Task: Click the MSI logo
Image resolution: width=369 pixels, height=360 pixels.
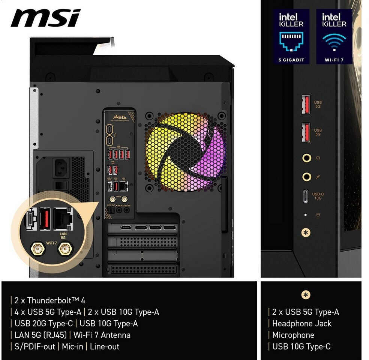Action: [x=45, y=18]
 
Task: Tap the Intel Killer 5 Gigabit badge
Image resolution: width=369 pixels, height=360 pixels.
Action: [x=291, y=36]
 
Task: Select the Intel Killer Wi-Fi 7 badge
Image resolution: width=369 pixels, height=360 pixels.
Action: [x=334, y=36]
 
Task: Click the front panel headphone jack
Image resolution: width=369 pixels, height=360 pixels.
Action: [x=307, y=158]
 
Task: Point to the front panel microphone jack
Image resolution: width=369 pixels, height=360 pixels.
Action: [x=307, y=176]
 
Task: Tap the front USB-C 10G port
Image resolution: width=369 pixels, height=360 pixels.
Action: [x=306, y=196]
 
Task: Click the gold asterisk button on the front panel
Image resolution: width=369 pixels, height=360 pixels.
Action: [x=306, y=232]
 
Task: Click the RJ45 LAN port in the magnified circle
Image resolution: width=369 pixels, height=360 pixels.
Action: [x=63, y=219]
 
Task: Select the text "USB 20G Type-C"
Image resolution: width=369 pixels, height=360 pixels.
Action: [x=43, y=323]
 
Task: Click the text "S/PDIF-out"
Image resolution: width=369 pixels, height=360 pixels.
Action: [x=34, y=346]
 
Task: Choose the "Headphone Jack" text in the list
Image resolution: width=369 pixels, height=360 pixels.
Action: [x=302, y=324]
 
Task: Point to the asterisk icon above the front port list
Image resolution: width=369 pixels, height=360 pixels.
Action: [x=306, y=295]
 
